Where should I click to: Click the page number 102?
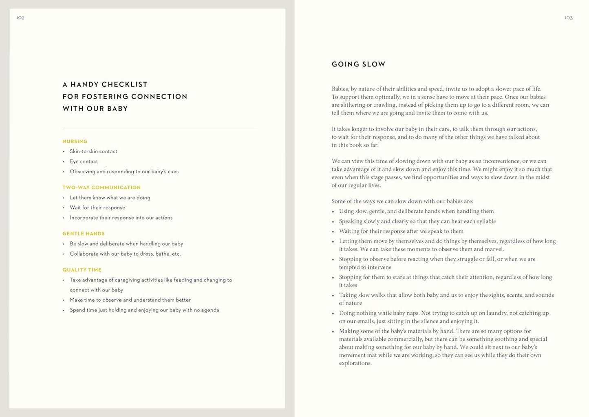click(20, 18)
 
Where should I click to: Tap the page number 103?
click(568, 18)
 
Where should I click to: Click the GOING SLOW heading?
click(358, 64)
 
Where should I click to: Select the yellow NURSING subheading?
click(75, 141)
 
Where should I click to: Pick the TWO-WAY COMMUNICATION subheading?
click(101, 188)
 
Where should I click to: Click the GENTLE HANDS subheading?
click(84, 234)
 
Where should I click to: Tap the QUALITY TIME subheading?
click(82, 270)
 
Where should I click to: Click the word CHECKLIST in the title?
click(124, 84)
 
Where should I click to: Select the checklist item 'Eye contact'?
click(84, 161)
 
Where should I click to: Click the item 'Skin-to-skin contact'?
click(93, 152)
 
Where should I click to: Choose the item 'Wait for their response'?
click(97, 207)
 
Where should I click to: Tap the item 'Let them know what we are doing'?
click(110, 198)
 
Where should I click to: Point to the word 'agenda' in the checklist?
click(210, 310)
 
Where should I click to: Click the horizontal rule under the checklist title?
click(160, 129)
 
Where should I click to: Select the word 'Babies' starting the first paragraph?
click(340, 89)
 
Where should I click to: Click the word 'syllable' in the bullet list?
click(485, 221)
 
